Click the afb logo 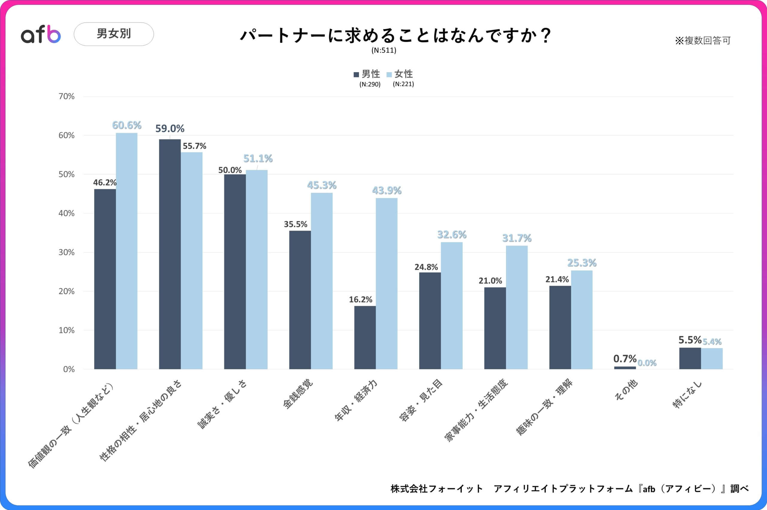(x=41, y=34)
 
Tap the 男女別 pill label (x=114, y=34)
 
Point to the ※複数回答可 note (x=703, y=41)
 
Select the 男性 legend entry (x=367, y=74)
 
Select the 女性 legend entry (x=400, y=74)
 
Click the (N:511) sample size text (x=384, y=50)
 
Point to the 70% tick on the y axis (x=66, y=97)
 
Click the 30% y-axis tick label (x=66, y=252)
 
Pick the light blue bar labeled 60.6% (x=126, y=250)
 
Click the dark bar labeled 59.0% (x=170, y=254)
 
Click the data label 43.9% (x=386, y=190)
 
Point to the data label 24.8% (x=426, y=267)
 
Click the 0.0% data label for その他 (x=647, y=363)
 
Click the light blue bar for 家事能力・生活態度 (x=517, y=307)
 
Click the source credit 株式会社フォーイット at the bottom (x=437, y=488)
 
